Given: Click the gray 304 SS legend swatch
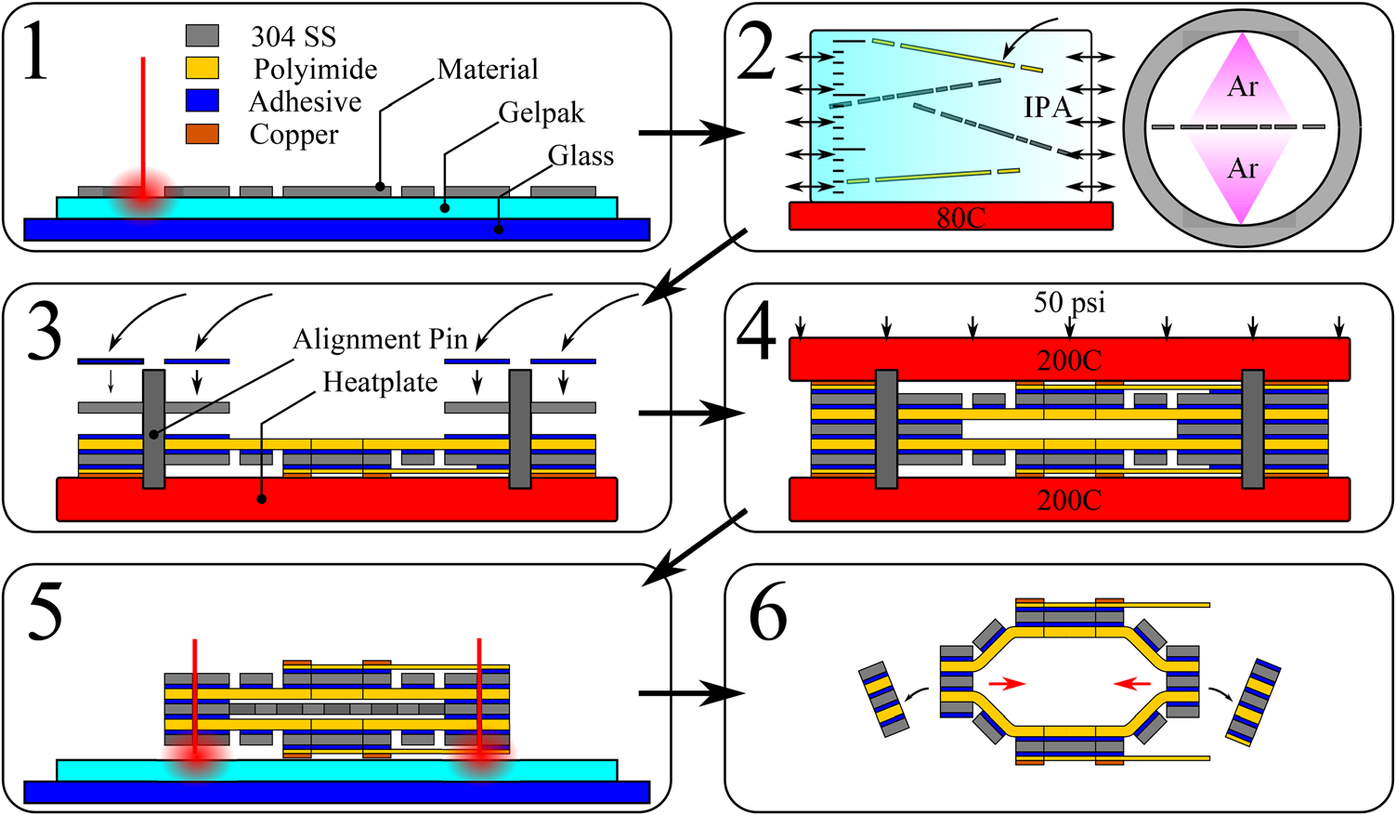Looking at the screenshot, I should tap(202, 35).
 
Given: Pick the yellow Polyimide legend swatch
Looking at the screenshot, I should tap(202, 68).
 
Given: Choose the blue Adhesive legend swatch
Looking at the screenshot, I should tap(202, 100).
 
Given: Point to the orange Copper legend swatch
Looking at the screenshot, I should tap(202, 134).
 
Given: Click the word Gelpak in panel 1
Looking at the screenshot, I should tap(541, 113).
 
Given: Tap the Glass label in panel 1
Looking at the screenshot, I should tap(581, 155).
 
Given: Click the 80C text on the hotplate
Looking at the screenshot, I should tap(960, 217).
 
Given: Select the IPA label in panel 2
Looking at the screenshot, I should tap(1048, 108).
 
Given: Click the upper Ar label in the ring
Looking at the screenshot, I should tap(1242, 87).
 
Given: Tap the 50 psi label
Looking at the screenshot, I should tap(1069, 302).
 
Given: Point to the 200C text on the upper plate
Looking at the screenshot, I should tap(1069, 361).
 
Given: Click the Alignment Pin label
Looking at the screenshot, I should tap(380, 339).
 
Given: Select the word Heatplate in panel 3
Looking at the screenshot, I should tap(380, 382).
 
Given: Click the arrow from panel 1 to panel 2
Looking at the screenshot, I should tap(692, 133).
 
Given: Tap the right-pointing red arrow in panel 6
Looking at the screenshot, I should tap(1007, 683).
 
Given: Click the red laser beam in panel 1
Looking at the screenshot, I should tap(143, 121).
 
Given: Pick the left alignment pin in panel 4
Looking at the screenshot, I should tap(886, 428).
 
